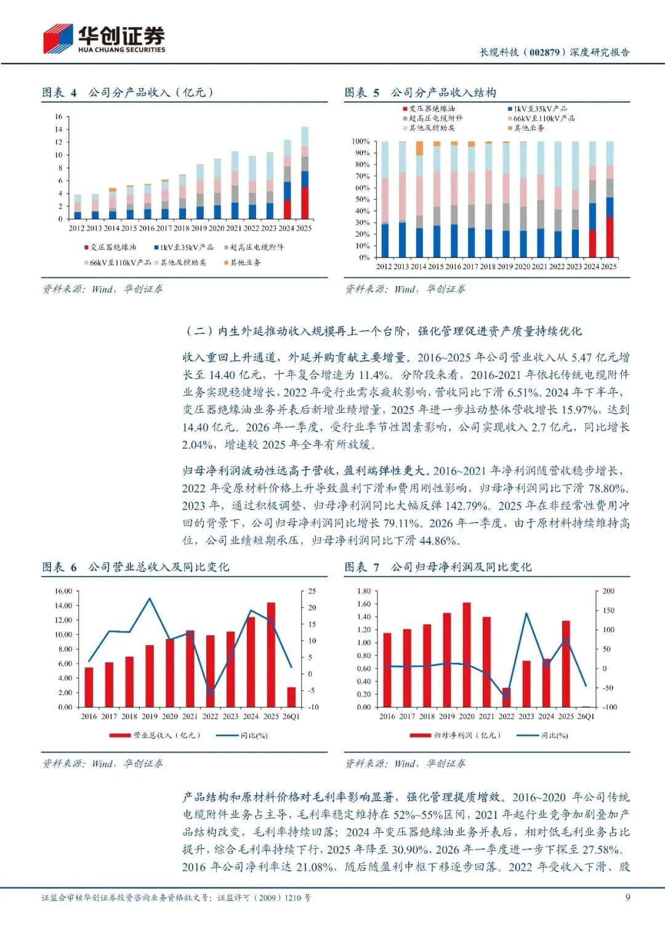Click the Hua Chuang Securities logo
tap(104, 39)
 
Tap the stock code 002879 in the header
tap(544, 52)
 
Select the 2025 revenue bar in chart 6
tap(271, 654)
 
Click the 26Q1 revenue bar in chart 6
tap(291, 697)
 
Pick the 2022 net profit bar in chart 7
tap(506, 698)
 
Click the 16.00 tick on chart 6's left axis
tap(63, 591)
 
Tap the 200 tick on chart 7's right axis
tap(608, 591)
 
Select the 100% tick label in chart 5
tap(361, 142)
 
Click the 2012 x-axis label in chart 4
tap(76, 228)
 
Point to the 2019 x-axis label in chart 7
tap(446, 716)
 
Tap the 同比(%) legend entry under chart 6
tap(242, 735)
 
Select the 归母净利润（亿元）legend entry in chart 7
tap(456, 735)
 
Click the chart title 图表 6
tap(59, 567)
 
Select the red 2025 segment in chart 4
tap(304, 203)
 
